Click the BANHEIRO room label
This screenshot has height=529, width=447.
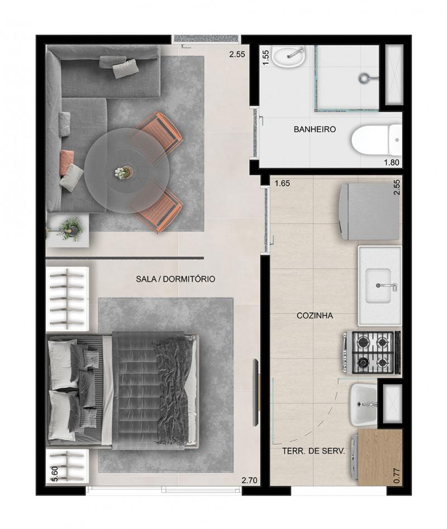(315, 129)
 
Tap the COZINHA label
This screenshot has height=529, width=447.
(315, 316)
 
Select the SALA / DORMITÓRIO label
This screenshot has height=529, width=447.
(175, 279)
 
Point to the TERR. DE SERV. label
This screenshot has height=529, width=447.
(313, 451)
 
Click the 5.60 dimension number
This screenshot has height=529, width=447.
(56, 475)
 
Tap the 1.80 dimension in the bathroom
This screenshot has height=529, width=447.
(391, 163)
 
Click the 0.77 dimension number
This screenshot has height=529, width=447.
(397, 475)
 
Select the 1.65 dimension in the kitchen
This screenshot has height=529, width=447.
(282, 184)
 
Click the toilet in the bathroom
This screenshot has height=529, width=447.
(377, 140)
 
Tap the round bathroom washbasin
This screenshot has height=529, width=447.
(289, 56)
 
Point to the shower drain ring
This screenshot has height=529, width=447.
(364, 78)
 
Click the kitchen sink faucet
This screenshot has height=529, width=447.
(387, 286)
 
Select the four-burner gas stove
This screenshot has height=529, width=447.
(372, 352)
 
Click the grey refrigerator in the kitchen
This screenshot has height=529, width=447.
(369, 212)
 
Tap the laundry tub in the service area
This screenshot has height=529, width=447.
(363, 404)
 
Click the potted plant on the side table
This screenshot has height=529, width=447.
(70, 229)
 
